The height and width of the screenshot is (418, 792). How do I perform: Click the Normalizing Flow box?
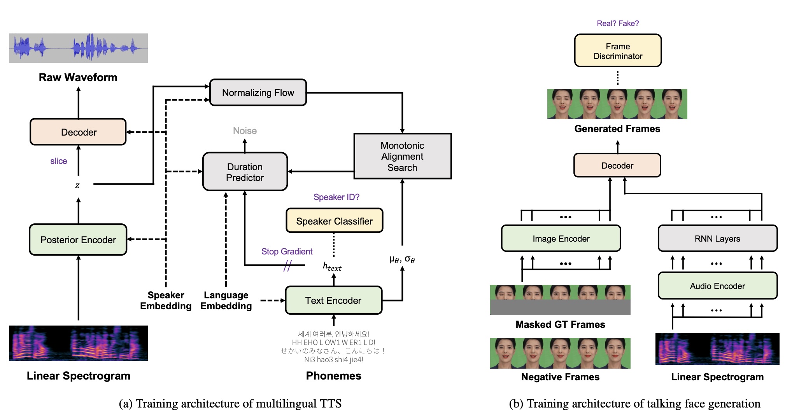point(258,92)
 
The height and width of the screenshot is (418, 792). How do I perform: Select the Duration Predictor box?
point(245,172)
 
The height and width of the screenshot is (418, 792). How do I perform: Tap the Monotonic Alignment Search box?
point(402,156)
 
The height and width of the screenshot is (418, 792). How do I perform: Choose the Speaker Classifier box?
point(334,221)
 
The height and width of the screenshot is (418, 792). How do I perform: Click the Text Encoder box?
point(333,300)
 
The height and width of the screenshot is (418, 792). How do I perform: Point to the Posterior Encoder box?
point(78,240)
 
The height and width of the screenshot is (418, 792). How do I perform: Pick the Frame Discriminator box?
point(617,51)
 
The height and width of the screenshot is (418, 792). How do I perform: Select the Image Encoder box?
point(561,239)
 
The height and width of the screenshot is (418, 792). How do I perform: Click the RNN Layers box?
point(717,239)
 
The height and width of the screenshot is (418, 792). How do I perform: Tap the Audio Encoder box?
point(717,286)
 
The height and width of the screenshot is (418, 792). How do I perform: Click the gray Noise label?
point(245,131)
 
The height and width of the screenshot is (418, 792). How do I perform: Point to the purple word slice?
point(58,161)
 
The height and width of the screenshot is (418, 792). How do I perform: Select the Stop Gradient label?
point(287,251)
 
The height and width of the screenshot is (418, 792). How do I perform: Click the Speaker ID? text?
point(336,197)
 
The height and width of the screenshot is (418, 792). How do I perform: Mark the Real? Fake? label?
point(617,23)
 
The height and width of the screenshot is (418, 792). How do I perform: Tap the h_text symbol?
point(332,266)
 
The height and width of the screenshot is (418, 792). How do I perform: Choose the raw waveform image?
point(78,48)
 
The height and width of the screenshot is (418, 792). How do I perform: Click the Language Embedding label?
point(226,301)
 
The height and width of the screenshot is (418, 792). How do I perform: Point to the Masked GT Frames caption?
point(560,324)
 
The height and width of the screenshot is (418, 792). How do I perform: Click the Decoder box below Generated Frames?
point(617,165)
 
